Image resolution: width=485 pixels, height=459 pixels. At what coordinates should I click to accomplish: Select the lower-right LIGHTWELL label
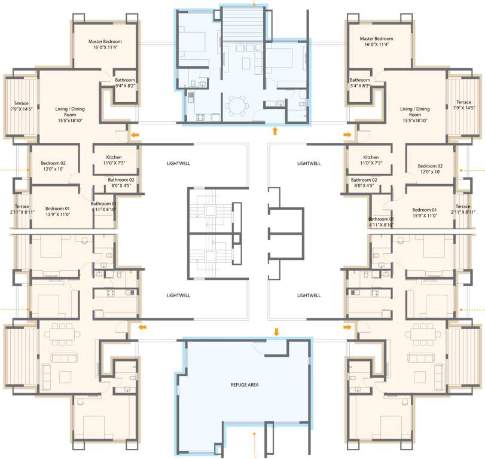click(309, 295)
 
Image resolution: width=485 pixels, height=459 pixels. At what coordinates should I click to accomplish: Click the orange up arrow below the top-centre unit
click(275, 130)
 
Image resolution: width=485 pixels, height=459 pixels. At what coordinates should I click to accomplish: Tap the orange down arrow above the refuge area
click(276, 331)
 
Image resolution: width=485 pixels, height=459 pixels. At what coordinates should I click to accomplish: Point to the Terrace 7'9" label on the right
click(463, 105)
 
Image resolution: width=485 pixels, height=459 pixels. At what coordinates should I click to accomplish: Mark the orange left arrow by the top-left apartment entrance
click(136, 135)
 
